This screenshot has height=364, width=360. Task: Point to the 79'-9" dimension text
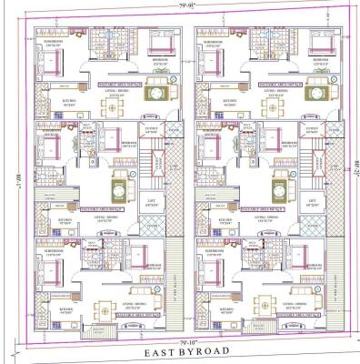click(185, 7)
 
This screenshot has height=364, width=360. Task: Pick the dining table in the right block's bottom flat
click(267, 303)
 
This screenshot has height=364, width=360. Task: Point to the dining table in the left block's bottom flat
click(106, 303)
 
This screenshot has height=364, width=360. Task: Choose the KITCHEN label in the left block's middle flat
click(65, 219)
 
